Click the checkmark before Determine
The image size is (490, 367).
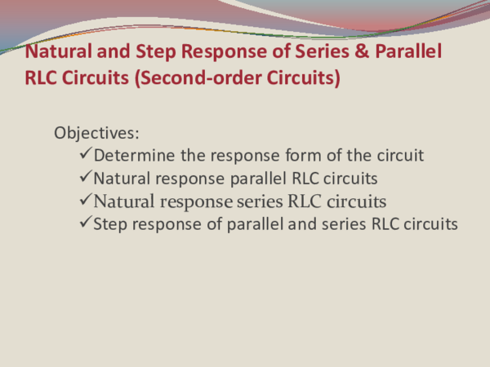click(x=87, y=155)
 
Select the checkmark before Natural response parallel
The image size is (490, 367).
click(x=87, y=178)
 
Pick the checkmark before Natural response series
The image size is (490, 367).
click(x=87, y=201)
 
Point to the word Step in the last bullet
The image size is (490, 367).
click(x=110, y=223)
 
